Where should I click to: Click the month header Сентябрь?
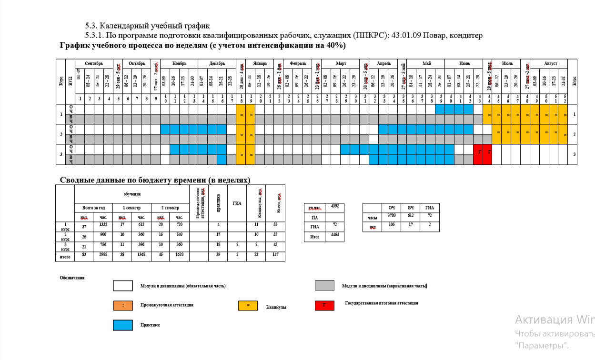tap(94, 63)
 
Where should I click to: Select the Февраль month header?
tap(298, 63)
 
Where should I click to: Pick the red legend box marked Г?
tap(324, 305)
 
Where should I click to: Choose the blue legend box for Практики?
tap(122, 325)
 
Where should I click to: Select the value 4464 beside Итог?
tap(334, 235)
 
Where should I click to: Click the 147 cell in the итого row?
tap(275, 256)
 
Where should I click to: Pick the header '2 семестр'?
tap(170, 208)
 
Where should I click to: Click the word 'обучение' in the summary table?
tap(132, 194)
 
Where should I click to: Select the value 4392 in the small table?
tap(334, 206)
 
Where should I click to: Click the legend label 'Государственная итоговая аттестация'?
tap(382, 303)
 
